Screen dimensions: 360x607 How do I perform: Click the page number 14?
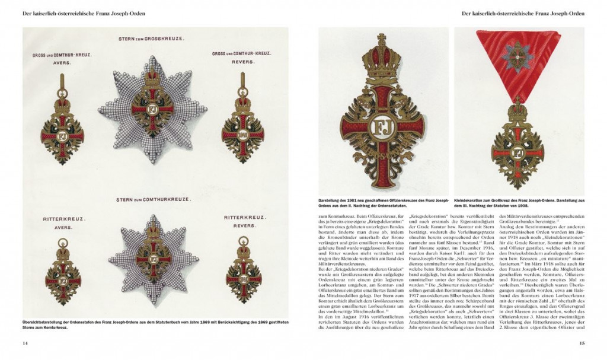(25, 343)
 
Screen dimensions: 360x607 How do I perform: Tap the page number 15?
(582, 343)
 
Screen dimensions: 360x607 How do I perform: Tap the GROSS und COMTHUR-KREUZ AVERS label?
(62, 59)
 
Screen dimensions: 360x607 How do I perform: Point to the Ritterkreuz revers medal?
(243, 271)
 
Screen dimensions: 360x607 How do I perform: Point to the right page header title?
(523, 13)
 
